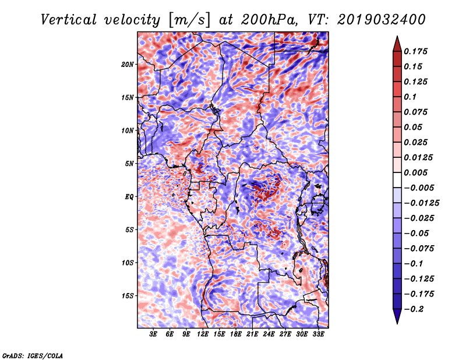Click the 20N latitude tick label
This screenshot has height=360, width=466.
point(128,64)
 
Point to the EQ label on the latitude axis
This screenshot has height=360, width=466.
point(130,197)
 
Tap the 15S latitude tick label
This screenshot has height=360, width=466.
point(128,296)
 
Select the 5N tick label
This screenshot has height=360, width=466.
point(129,164)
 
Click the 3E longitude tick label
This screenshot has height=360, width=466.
point(154,334)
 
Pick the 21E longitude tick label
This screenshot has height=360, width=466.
point(252,334)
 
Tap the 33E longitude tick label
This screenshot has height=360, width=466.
point(318,334)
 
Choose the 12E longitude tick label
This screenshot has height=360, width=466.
point(203,334)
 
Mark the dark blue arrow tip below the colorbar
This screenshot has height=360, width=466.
point(397,321)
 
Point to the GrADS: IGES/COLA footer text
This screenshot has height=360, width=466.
point(32,355)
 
